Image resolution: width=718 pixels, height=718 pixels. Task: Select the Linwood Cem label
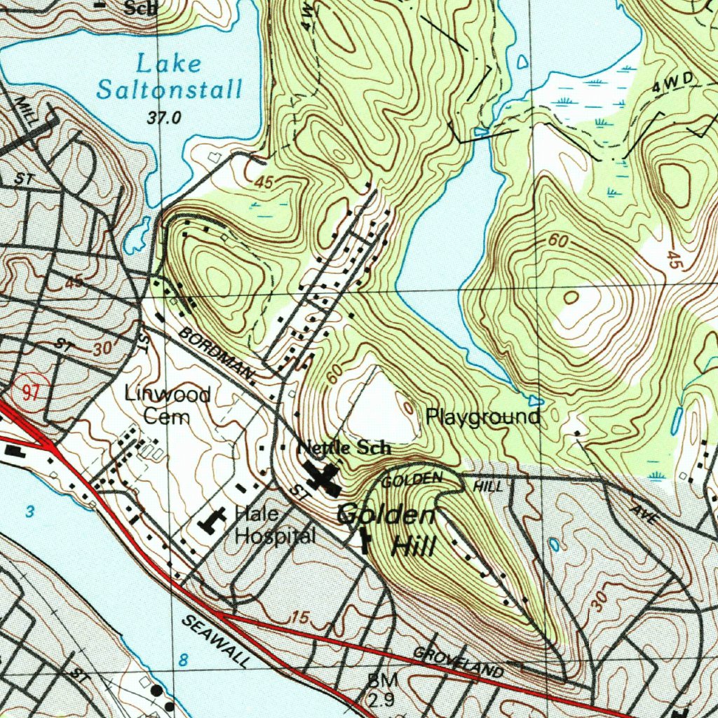[x=167, y=405]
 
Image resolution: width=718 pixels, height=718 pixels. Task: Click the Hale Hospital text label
[x=274, y=526]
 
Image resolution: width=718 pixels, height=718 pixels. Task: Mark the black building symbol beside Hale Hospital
[x=213, y=520]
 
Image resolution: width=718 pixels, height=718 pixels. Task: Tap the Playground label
[x=483, y=418]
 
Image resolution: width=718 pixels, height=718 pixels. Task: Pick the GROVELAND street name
[x=458, y=663]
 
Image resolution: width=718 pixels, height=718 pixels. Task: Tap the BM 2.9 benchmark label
[x=382, y=689]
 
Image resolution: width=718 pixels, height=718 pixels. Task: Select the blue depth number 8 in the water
[x=183, y=660]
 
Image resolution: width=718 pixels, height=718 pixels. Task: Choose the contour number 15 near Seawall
[x=299, y=618]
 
